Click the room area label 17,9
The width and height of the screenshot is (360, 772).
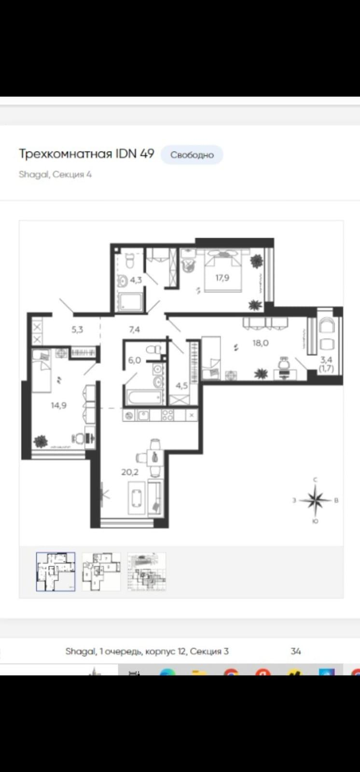(222, 277)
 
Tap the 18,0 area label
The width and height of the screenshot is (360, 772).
(260, 343)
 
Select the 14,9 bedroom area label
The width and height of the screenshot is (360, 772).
(58, 405)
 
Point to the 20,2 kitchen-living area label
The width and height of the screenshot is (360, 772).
(130, 472)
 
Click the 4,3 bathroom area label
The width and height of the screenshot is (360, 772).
(136, 280)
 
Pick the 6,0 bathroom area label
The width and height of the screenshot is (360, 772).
(135, 360)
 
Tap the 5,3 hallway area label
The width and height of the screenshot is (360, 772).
(77, 330)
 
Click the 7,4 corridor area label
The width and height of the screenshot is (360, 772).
(135, 330)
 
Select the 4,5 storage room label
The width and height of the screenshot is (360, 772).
(182, 386)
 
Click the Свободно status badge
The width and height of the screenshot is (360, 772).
(192, 155)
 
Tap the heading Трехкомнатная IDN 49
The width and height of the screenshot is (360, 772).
(86, 153)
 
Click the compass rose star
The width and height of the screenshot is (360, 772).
(315, 500)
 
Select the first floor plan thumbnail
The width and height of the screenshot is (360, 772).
(55, 572)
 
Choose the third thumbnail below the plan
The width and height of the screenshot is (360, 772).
(147, 572)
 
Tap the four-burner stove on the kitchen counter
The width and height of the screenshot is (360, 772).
(168, 415)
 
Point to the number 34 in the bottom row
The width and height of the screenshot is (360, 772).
(296, 651)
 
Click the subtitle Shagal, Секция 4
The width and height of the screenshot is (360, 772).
(55, 174)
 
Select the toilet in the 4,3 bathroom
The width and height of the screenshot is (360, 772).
(130, 262)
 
